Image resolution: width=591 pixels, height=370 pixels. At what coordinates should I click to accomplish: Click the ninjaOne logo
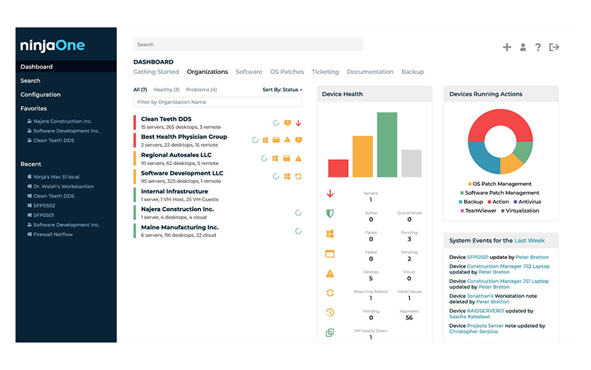pos(52,46)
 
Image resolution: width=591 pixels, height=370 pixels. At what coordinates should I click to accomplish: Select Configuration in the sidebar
pos(40,95)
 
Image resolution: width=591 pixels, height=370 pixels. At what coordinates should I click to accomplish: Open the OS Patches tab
pos(287,72)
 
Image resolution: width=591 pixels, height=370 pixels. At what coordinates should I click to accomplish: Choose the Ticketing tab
pos(325,72)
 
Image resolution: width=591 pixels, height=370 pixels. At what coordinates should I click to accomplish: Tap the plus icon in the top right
pos(507,47)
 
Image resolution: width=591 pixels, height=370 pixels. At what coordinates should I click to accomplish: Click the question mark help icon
pos(538,47)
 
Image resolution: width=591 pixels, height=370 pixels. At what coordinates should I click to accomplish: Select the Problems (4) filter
pos(201,90)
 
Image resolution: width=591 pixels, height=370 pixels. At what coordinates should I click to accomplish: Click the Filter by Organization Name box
pos(217,102)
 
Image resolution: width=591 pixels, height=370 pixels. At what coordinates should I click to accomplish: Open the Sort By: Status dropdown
pos(282,90)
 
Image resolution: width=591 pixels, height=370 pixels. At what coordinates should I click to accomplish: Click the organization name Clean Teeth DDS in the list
pos(166,118)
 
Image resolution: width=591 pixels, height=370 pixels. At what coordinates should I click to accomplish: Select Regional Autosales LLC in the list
pos(176,155)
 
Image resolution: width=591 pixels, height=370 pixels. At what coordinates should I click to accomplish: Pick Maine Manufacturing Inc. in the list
pos(180,227)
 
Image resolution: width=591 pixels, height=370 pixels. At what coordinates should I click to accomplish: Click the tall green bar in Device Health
pos(386,144)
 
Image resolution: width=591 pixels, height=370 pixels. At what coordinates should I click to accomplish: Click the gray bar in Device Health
pos(411,163)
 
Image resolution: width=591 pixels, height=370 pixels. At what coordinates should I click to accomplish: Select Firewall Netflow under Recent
pos(53,234)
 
